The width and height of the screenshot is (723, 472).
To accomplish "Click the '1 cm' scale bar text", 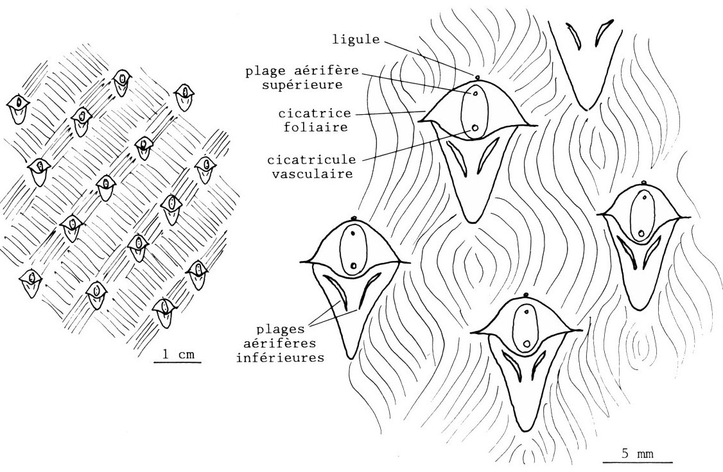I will [177, 353].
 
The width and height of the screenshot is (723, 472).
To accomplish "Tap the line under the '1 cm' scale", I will [178, 362].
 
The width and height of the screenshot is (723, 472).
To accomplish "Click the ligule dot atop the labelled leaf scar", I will [478, 79].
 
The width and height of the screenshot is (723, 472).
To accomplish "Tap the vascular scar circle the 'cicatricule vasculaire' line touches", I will [475, 128].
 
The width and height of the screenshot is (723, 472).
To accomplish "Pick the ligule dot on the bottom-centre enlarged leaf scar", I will [527, 294].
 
